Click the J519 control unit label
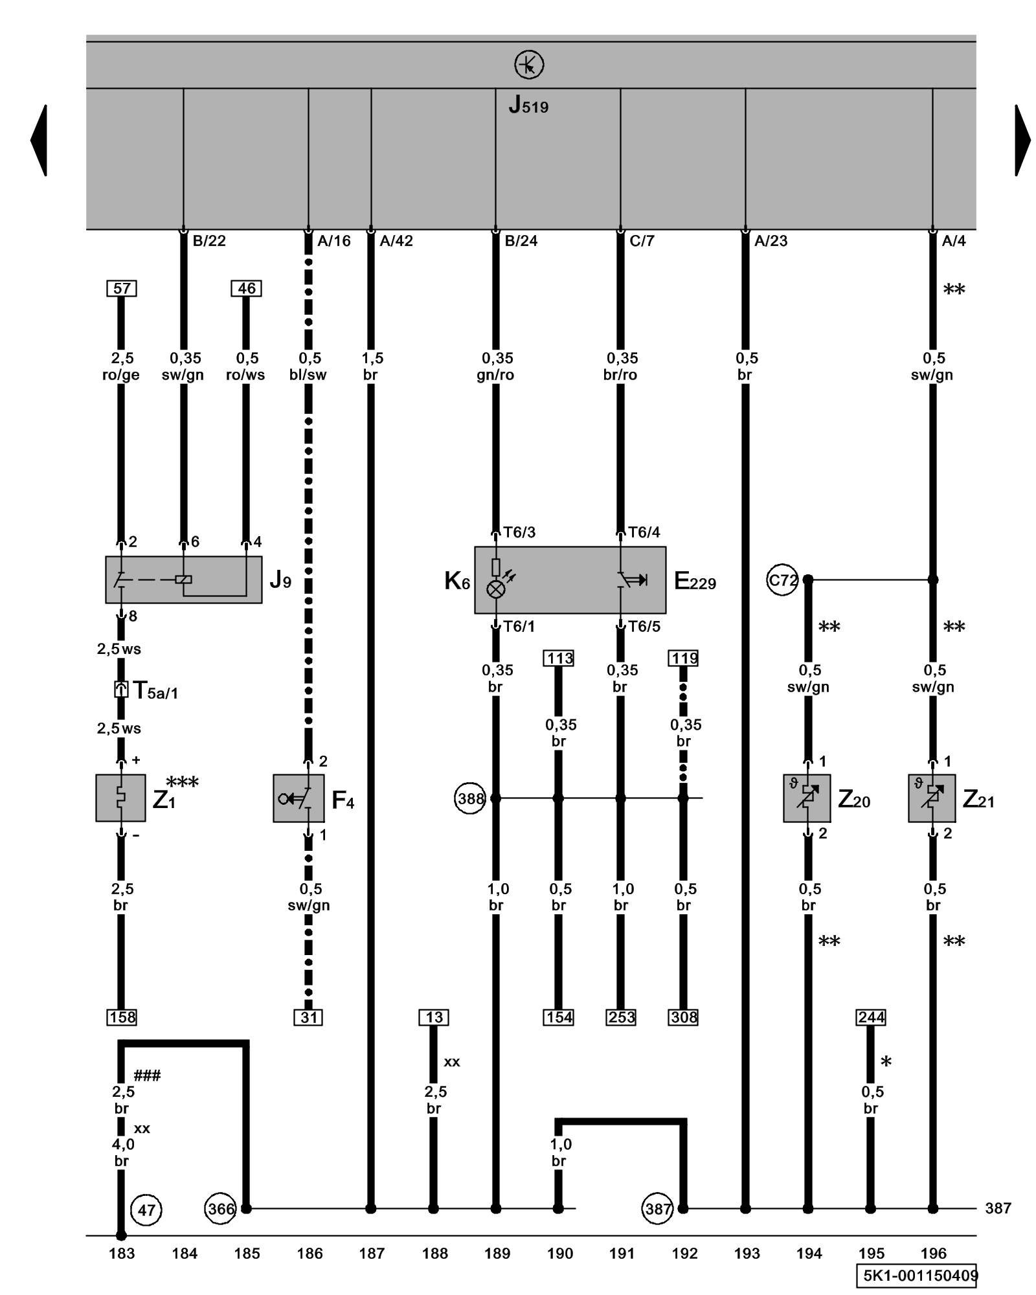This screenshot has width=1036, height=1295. tap(528, 105)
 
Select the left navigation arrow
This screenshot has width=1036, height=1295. tap(39, 140)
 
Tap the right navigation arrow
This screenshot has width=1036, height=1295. tap(1022, 140)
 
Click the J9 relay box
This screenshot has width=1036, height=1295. tap(184, 580)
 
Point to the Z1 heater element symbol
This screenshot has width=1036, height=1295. tap(120, 798)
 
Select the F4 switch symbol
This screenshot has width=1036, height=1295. tap(298, 798)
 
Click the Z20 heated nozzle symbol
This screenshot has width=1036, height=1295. tap(807, 798)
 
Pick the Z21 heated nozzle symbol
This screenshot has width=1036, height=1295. tap(932, 798)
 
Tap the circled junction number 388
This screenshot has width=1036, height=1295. tap(470, 798)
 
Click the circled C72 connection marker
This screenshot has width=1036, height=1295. tap(782, 580)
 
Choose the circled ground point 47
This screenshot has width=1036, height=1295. tap(146, 1210)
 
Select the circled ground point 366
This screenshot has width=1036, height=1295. tap(221, 1209)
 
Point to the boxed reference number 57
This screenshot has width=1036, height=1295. tap(122, 288)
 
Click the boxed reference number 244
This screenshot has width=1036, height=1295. tap(871, 1017)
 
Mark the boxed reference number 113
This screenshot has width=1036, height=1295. tap(559, 659)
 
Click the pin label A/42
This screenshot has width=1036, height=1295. tap(396, 242)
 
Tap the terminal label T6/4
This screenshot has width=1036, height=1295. tap(644, 532)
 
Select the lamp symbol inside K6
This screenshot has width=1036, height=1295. tap(496, 589)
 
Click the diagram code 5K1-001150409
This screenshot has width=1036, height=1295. tap(919, 1276)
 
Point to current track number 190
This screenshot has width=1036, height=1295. tap(559, 1254)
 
